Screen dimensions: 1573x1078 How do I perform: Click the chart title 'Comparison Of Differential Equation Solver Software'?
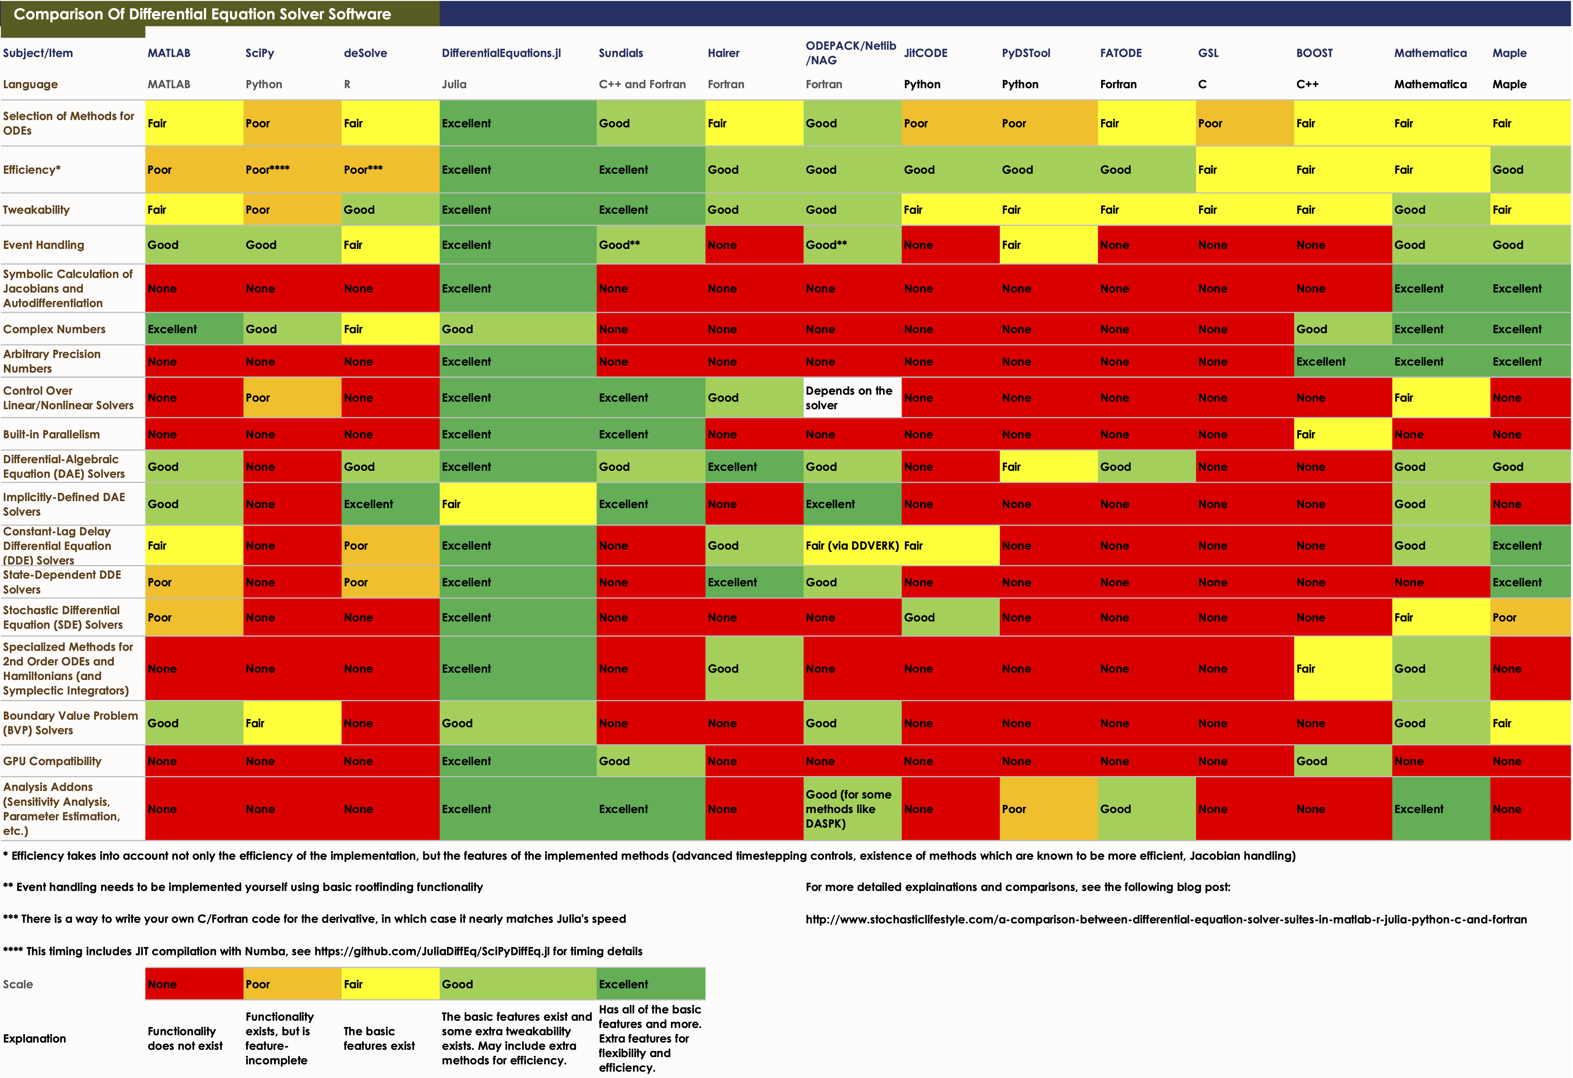[202, 14]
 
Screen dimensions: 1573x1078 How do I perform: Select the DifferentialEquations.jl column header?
[501, 53]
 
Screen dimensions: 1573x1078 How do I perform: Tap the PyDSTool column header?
[1025, 53]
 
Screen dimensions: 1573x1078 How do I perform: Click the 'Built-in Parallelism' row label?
[52, 434]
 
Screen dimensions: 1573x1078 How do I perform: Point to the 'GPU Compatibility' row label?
[52, 761]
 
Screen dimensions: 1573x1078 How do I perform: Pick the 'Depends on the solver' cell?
[852, 398]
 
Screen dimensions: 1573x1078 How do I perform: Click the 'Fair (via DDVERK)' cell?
[852, 545]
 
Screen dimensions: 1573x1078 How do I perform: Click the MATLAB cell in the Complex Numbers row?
[194, 329]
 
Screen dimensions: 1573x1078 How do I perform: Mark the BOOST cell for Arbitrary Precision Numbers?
[1343, 361]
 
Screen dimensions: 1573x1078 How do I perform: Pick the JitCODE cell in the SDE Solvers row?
[950, 617]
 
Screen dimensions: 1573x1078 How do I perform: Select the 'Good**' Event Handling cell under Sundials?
[650, 245]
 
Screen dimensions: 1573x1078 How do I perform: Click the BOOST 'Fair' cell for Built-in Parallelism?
[1343, 434]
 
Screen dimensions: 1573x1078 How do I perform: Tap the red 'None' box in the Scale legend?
[194, 985]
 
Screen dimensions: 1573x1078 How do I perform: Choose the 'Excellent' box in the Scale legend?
[650, 985]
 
